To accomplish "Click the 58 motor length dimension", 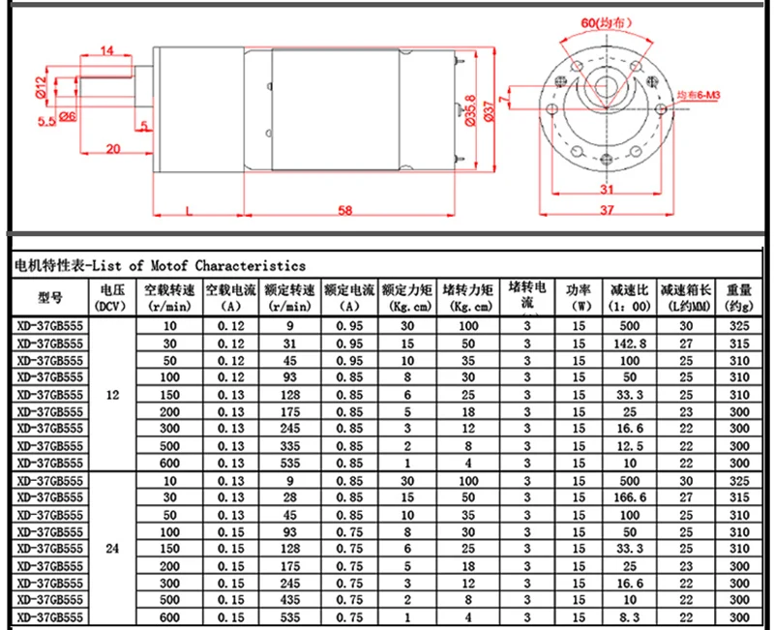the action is point(345,210).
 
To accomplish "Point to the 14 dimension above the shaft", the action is point(106,50).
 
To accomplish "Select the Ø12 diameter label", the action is point(41,87).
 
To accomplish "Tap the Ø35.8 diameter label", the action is point(470,110).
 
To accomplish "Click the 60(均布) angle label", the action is point(606,22).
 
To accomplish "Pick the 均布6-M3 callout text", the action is point(698,95).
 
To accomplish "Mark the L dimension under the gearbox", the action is point(189,211).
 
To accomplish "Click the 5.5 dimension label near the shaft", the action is point(46,121).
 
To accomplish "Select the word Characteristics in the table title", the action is point(251,265).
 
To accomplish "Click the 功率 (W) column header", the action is point(579,297).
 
